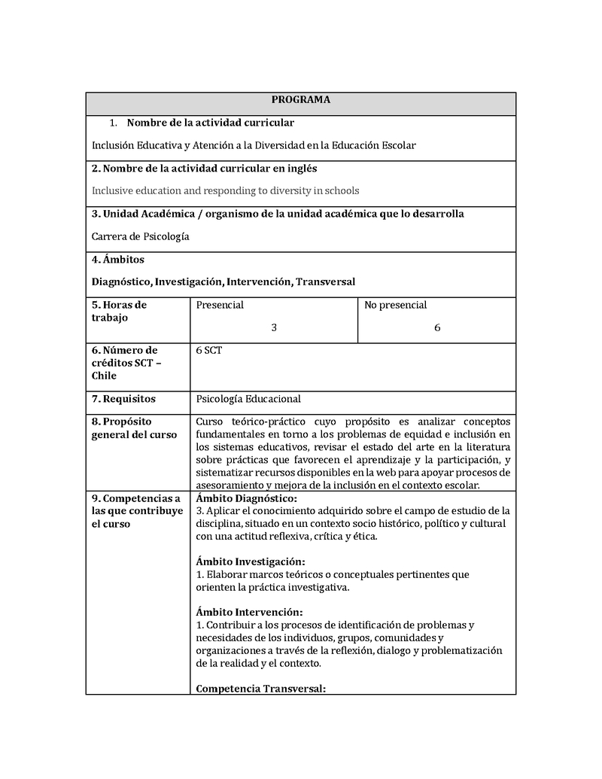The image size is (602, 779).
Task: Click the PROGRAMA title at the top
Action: (x=300, y=99)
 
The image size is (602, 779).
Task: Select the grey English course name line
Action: (x=225, y=190)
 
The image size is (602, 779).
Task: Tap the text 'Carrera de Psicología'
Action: (x=140, y=236)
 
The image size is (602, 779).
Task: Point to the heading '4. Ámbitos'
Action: (x=118, y=260)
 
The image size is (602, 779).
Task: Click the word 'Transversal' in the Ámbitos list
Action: (x=325, y=281)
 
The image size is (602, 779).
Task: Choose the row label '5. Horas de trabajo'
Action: (x=119, y=311)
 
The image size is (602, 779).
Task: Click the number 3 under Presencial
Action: (x=274, y=327)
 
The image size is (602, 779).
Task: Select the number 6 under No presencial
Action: (x=437, y=327)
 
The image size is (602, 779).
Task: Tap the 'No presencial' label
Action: (x=395, y=305)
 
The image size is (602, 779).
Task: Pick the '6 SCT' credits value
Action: (x=208, y=351)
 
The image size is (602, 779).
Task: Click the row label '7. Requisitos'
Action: (x=123, y=399)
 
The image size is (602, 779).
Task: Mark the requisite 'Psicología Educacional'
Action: (x=248, y=399)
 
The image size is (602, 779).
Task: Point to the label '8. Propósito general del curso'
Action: (x=134, y=428)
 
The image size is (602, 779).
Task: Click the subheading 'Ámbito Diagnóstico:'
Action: (x=246, y=498)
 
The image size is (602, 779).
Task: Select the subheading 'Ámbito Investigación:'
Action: (x=250, y=561)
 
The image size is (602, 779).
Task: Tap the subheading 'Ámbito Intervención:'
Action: (x=249, y=612)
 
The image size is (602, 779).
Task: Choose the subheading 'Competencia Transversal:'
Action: (x=260, y=688)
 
